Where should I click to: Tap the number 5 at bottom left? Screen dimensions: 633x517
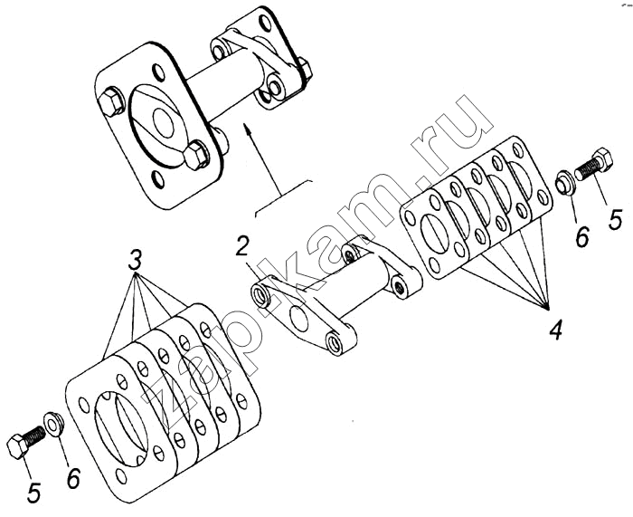tap(33, 491)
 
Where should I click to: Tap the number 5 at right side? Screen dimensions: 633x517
tap(616, 220)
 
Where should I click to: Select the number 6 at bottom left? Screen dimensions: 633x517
tap(73, 479)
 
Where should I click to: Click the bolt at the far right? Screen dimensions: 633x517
tap(593, 165)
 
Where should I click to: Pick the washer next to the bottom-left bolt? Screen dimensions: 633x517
tap(53, 425)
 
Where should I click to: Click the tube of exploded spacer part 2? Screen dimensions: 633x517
tap(364, 288)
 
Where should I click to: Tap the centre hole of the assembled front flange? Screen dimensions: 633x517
tap(163, 120)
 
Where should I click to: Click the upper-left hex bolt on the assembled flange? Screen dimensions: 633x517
tap(111, 101)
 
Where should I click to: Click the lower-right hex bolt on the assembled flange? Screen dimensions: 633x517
tap(196, 155)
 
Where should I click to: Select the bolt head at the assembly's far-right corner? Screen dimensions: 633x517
tap(306, 68)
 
